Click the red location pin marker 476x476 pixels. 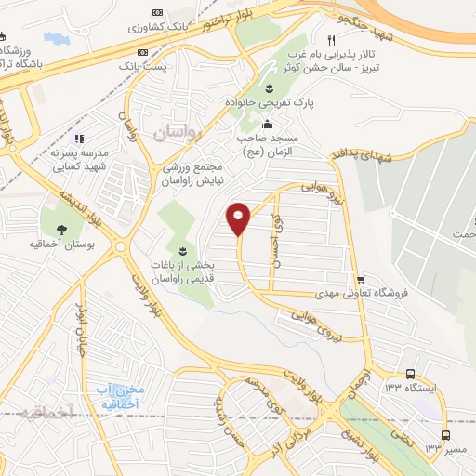[240, 218]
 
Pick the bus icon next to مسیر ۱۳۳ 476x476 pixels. [446, 435]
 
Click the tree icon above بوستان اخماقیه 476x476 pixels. [62, 230]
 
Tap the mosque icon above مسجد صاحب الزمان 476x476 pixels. [268, 124]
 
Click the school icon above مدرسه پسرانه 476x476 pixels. [79, 139]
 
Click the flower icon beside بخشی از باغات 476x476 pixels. [182, 251]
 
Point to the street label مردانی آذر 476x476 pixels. [300, 435]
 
